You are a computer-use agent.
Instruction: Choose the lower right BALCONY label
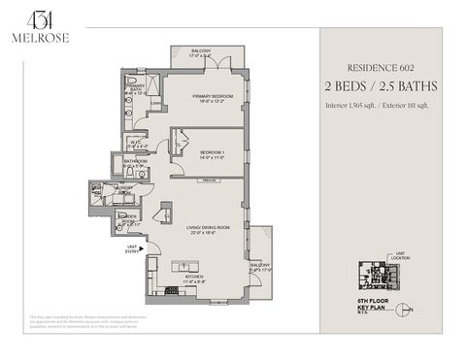[x=260, y=265]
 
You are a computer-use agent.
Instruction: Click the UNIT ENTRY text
[x=132, y=248]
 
